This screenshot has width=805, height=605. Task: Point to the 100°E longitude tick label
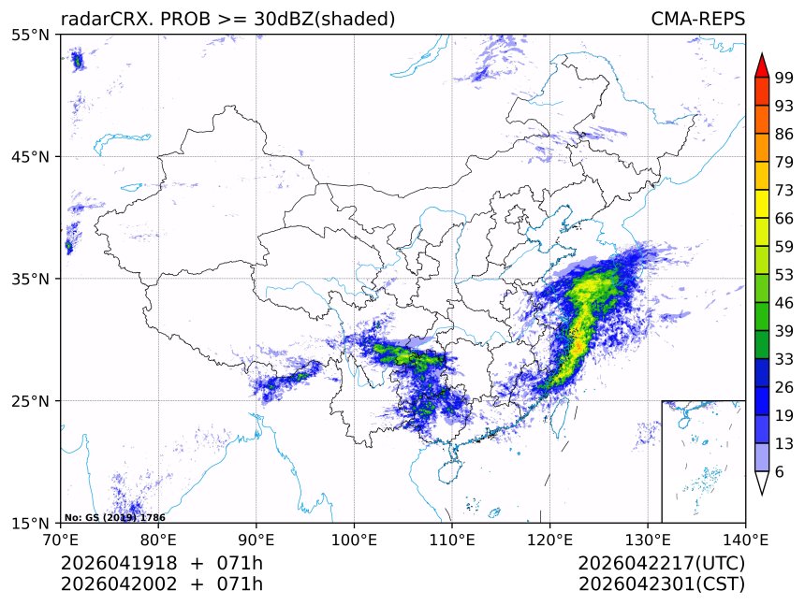point(354,540)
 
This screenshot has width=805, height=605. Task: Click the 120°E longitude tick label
point(549,540)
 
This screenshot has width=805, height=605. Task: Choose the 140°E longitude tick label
point(745,540)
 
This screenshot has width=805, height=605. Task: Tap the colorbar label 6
point(780,471)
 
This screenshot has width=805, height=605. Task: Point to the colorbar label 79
point(783,161)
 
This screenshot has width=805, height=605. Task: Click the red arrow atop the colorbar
point(762,65)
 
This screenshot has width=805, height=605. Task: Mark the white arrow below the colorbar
point(762,483)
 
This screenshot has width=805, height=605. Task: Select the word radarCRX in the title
point(99,19)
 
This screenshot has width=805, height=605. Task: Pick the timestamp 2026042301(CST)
point(662,584)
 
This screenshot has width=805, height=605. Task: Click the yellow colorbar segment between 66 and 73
point(762,203)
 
